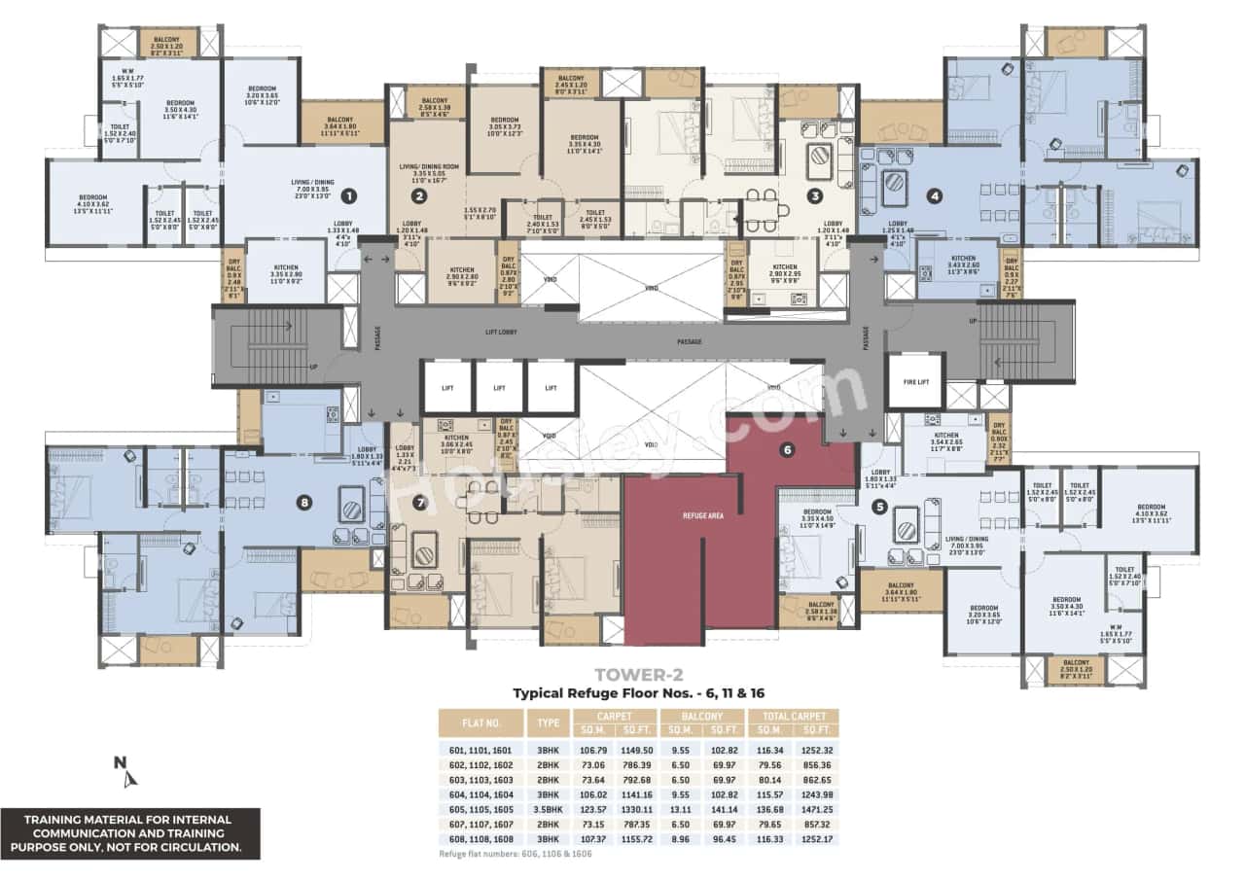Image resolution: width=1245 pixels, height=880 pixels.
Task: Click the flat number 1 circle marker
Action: coord(349,195)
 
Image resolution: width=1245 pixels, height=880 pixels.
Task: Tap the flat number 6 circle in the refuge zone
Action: coord(788,449)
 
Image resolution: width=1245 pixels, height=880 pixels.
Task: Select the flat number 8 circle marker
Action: coord(305,502)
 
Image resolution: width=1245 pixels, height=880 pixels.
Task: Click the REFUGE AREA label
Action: coord(700,515)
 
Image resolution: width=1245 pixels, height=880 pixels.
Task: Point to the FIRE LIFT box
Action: coord(915,381)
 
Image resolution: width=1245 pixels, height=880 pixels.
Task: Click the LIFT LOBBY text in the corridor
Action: coord(501,333)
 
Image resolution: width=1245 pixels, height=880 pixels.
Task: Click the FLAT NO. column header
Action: coord(480,722)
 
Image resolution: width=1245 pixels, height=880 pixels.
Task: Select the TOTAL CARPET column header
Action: coord(794,716)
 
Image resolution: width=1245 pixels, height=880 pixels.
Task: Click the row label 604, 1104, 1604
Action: coord(480,794)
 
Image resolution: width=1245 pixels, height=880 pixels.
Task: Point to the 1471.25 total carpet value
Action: coord(816,809)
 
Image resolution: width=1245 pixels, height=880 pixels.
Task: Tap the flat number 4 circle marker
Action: coord(935,195)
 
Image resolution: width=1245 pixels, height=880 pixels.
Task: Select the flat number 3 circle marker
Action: coord(815,195)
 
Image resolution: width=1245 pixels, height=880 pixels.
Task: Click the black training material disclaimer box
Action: coord(130,833)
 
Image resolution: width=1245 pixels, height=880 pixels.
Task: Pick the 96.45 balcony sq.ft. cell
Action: coord(725,838)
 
